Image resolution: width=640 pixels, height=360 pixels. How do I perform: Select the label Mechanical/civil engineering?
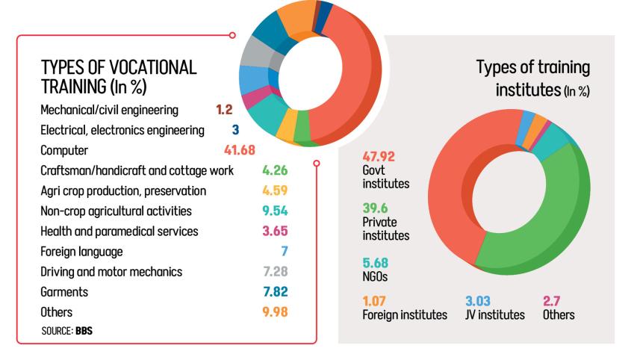click(x=109, y=111)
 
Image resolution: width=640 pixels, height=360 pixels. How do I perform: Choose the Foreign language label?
click(x=81, y=251)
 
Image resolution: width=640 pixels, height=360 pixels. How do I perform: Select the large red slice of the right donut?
click(x=463, y=187)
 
